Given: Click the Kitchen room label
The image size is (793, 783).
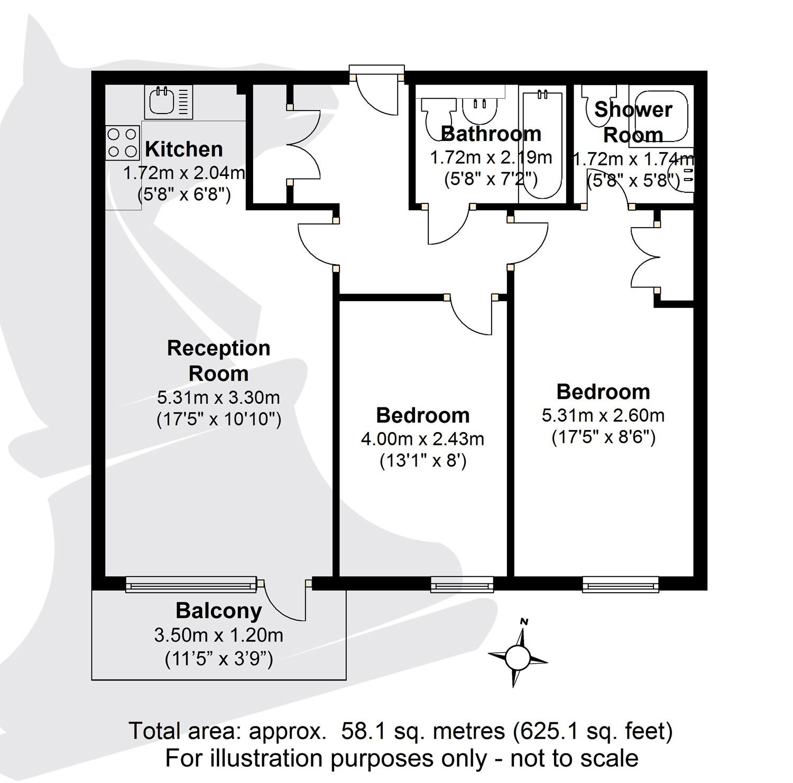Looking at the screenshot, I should (x=183, y=150).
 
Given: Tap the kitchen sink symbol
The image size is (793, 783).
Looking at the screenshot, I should (x=168, y=102).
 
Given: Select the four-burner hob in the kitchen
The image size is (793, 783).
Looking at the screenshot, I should (x=122, y=143).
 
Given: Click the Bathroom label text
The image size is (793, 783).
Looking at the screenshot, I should (x=491, y=134).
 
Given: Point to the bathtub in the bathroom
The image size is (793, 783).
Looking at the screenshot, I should (x=542, y=145).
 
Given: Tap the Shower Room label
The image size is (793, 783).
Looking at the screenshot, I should (x=633, y=122).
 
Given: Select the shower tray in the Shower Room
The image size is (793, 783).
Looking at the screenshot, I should (x=661, y=116).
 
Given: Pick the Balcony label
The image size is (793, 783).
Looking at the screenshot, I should (x=219, y=611).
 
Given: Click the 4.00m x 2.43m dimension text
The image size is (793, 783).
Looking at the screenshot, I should (x=422, y=439).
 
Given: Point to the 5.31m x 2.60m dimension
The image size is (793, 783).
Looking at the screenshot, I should (x=603, y=415).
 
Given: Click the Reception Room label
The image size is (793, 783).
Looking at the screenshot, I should (x=218, y=361).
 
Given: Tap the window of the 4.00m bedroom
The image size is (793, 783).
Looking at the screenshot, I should (x=462, y=583).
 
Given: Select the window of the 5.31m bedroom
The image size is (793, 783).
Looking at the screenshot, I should (x=621, y=583).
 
